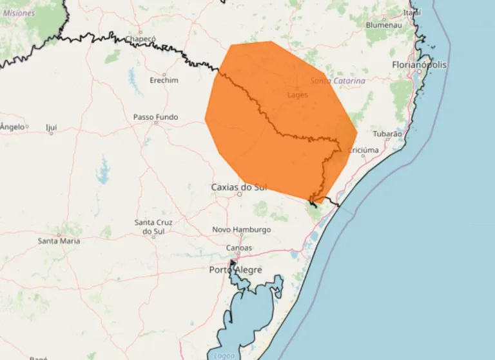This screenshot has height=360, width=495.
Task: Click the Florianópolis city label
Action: [419, 65]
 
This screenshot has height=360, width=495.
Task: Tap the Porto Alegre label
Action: [235, 270]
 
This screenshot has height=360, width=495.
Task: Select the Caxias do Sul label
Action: [238, 187]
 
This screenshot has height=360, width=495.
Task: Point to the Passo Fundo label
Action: [155, 117]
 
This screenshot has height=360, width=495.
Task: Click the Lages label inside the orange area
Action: [297, 95]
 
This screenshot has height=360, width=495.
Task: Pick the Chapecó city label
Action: [141, 39]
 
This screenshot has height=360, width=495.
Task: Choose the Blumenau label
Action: [383, 25]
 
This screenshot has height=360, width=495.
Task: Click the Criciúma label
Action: [363, 150]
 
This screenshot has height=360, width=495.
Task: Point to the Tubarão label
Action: [387, 134]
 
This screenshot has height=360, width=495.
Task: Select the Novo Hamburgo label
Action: [242, 230]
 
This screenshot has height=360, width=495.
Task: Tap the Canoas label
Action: [239, 248]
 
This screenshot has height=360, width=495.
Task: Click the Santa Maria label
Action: [59, 241]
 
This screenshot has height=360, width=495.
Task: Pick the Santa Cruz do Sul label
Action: [153, 226]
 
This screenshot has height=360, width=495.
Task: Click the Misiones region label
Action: [19, 13]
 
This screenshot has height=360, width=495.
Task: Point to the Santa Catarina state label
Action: [338, 81]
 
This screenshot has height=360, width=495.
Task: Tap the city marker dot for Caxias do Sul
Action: [239, 194]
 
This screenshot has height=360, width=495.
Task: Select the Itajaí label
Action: [412, 12]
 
